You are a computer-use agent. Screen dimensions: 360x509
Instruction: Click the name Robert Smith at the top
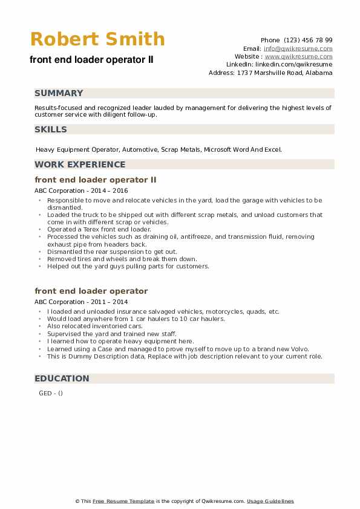(97, 39)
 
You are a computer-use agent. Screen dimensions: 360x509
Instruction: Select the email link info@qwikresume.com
(297, 48)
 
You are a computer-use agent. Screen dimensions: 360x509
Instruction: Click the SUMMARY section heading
(59, 93)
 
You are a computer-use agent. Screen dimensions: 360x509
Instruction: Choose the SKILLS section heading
(51, 129)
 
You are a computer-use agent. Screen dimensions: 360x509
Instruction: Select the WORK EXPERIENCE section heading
(80, 164)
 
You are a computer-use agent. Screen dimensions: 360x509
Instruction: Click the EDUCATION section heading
(62, 378)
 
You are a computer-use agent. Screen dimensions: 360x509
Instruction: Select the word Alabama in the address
(319, 73)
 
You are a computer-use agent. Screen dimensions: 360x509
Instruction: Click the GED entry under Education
(45, 393)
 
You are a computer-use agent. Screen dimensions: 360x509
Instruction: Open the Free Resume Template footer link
(123, 501)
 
